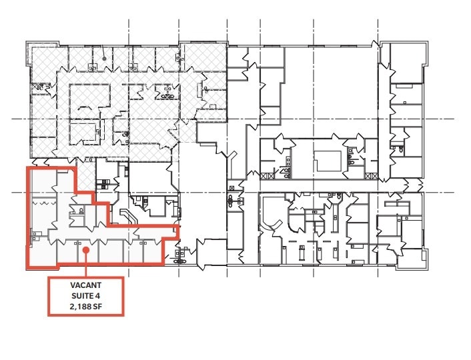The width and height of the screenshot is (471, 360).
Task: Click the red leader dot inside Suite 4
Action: [87, 251]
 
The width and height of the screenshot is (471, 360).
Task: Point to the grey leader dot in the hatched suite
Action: [104, 58]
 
